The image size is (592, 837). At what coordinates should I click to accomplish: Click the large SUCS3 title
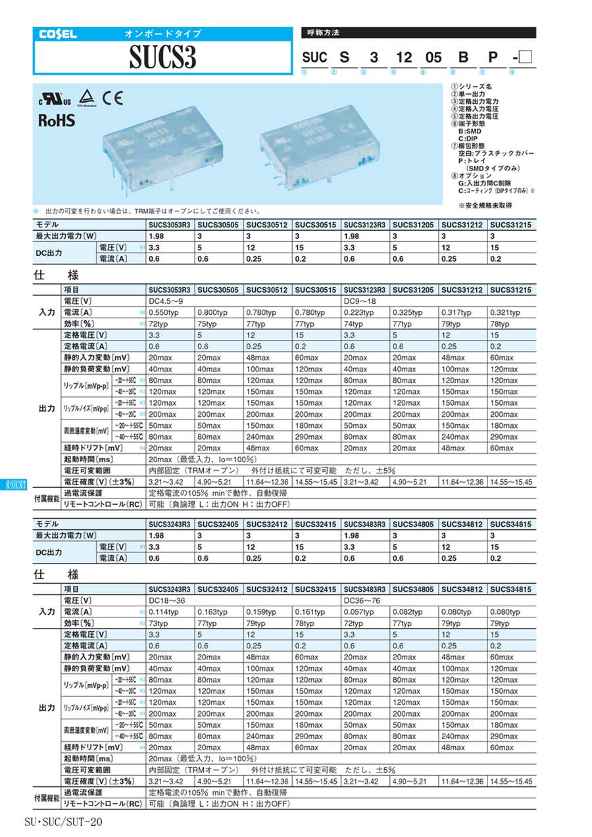click(x=162, y=59)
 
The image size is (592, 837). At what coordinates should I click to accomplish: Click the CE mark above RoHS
click(x=111, y=99)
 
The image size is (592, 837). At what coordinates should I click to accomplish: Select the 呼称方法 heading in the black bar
click(x=324, y=32)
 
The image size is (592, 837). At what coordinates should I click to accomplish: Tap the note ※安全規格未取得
click(x=486, y=205)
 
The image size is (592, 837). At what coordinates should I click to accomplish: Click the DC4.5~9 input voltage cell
click(x=163, y=301)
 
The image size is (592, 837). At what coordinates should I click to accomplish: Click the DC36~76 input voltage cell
click(x=360, y=600)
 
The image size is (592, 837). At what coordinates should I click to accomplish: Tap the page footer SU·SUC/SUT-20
click(x=63, y=821)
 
